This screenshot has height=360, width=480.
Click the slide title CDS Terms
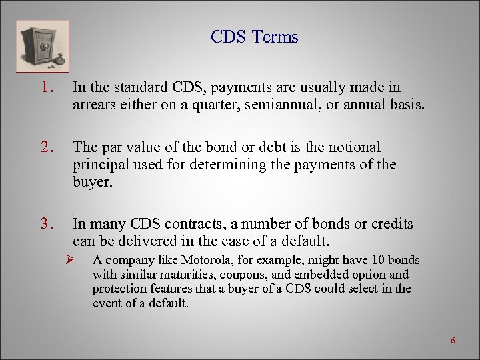pyautogui.click(x=254, y=37)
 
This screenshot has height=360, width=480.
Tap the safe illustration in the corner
pyautogui.click(x=41, y=45)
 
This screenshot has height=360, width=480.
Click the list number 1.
pyautogui.click(x=45, y=87)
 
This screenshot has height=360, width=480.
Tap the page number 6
pyautogui.click(x=453, y=341)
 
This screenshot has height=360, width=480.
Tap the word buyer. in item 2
pyautogui.click(x=93, y=182)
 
